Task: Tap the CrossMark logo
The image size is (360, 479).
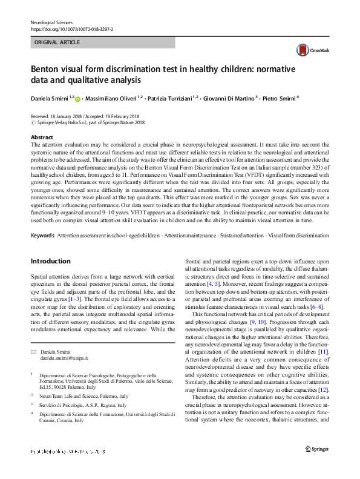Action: click(307, 50)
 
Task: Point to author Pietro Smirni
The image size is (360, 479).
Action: click(279, 97)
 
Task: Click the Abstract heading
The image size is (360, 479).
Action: click(42, 137)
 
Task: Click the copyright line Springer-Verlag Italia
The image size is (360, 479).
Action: click(91, 122)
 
